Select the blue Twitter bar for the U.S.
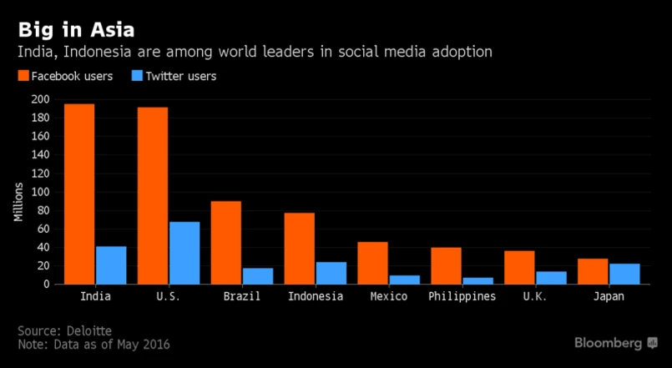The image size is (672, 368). coord(184,253)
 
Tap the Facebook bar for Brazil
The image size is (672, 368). coord(226,242)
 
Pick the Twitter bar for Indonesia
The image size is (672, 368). coord(331,273)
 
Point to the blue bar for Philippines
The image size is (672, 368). coord(477,280)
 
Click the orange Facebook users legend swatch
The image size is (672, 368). coord(23,77)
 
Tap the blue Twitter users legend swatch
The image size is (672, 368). coord(138,77)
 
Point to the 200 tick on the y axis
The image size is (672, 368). coord(40,99)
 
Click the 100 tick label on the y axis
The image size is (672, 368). coord(40,192)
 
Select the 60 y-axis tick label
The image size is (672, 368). coord(43,229)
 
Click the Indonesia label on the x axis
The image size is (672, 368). coord(315,297)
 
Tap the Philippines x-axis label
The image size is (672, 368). coord(462,297)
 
